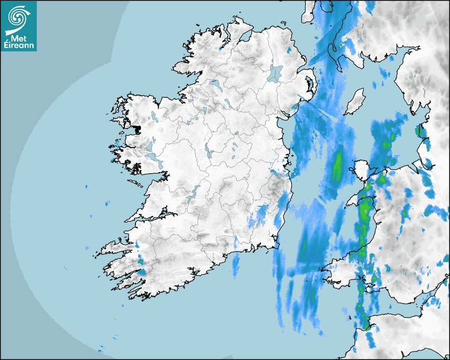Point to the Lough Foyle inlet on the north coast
245,37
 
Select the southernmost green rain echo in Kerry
142,272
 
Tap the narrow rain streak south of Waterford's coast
236,265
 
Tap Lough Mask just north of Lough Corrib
151,146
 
